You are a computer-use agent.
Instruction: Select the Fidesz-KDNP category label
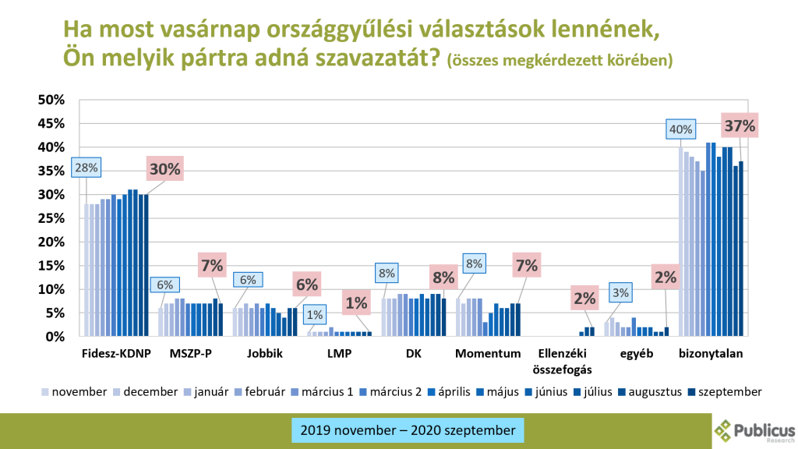pyautogui.click(x=115, y=354)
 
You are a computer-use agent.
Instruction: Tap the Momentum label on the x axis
pyautogui.click(x=488, y=354)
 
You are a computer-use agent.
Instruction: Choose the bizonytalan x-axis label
pyautogui.click(x=711, y=354)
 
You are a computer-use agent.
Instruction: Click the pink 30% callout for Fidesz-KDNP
pyautogui.click(x=165, y=168)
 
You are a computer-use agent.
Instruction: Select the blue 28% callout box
pyautogui.click(x=85, y=167)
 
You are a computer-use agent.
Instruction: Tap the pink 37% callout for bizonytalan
pyautogui.click(x=740, y=126)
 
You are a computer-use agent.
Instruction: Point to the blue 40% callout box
pyautogui.click(x=680, y=129)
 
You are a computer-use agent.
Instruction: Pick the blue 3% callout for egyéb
pyautogui.click(x=621, y=292)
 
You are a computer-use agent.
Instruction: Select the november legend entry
pyautogui.click(x=74, y=391)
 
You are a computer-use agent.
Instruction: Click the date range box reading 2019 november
pyautogui.click(x=407, y=430)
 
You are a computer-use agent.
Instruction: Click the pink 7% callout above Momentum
pyautogui.click(x=527, y=266)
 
